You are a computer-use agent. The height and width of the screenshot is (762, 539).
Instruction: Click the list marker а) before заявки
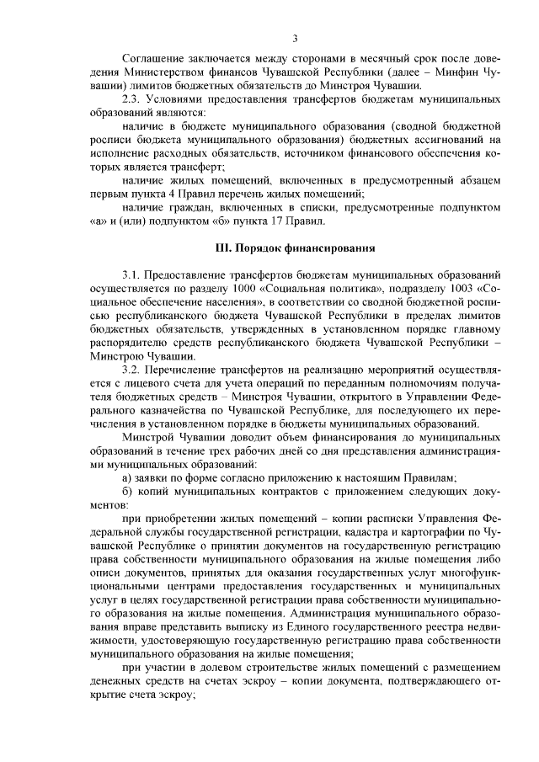point(128,477)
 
